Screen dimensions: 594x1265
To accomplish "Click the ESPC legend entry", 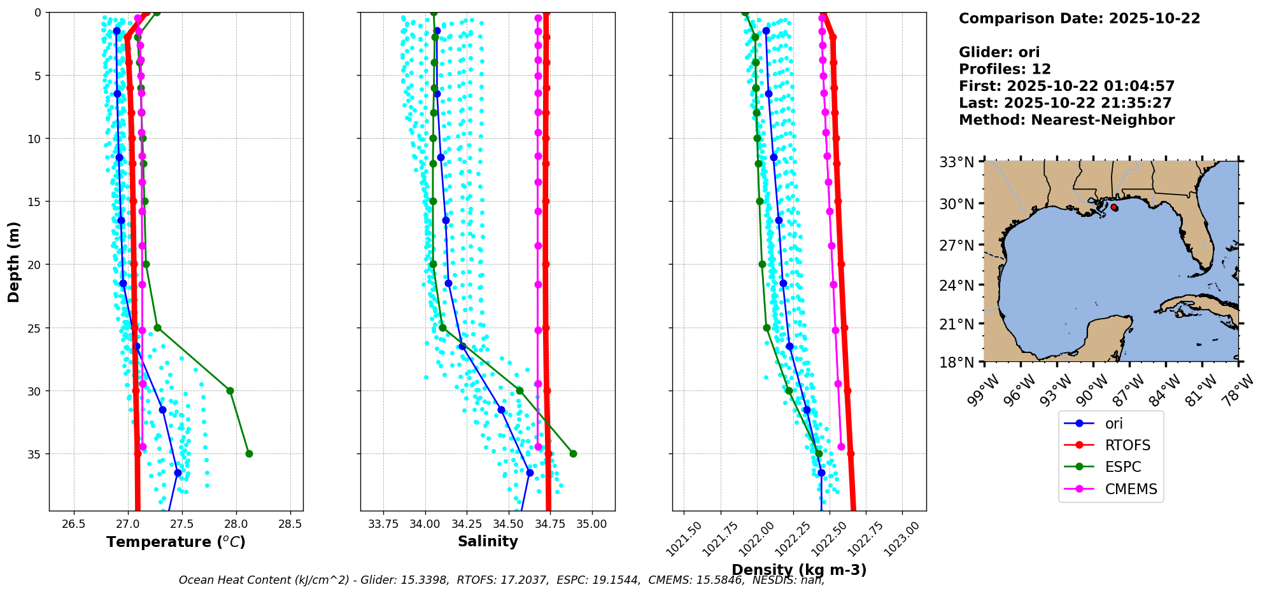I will click(1111, 467).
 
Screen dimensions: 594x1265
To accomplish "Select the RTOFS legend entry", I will click(1111, 445).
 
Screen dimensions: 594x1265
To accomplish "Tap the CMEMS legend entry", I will click(1111, 489).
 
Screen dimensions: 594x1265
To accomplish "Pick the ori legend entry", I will click(1111, 424).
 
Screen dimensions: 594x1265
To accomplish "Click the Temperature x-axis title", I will click(176, 542).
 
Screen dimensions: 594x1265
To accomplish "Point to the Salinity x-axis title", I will click(488, 541).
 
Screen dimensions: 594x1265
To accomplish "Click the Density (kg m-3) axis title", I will click(799, 570).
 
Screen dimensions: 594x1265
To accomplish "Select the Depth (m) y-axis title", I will click(13, 261).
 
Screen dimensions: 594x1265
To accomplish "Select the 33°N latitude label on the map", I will click(957, 162).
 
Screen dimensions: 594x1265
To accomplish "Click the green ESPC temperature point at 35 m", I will click(249, 453).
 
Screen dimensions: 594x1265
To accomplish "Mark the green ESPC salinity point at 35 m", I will click(573, 453).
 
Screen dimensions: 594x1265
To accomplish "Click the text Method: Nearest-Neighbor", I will click(1066, 120).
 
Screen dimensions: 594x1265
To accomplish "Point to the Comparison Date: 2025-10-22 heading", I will click(1079, 18).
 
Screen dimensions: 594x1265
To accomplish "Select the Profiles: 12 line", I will click(1005, 69).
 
